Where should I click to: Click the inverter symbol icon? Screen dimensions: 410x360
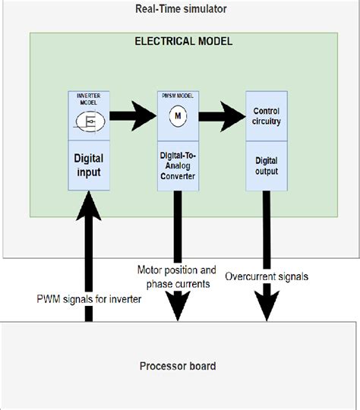[89, 120]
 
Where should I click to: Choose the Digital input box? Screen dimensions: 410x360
[89, 166]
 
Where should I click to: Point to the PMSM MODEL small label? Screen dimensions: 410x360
[178, 96]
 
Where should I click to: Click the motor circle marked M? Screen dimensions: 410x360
[178, 116]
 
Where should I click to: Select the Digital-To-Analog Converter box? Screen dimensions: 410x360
[178, 166]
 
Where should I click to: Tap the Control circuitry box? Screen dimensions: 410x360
[267, 116]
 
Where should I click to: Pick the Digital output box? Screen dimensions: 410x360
[267, 166]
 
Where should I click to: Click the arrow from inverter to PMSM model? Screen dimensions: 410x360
[134, 116]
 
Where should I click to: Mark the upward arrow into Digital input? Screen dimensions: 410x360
[89, 251]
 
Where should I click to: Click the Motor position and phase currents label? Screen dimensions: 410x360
[177, 276]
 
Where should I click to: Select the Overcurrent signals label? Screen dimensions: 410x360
[267, 276]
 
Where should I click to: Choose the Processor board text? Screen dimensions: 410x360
[178, 366]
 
